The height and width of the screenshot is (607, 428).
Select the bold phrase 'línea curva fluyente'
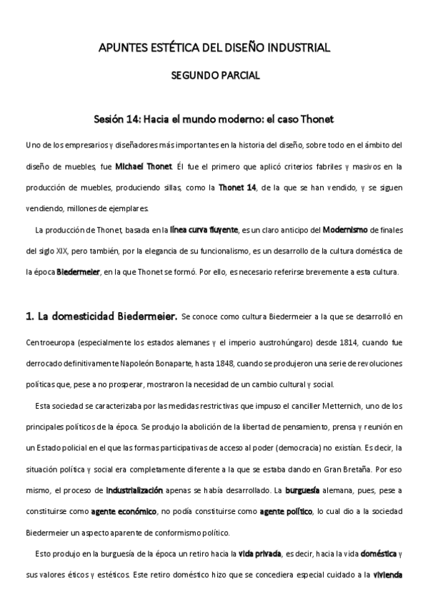coord(204,230)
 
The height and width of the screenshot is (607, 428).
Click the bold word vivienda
coord(389,574)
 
